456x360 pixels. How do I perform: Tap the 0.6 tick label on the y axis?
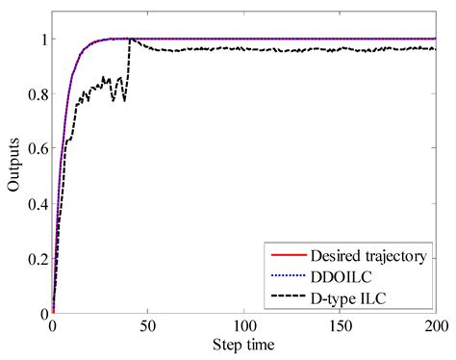[x=35, y=176]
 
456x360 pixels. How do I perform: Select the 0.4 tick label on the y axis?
[x=35, y=231]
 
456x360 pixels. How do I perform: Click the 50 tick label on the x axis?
[x=148, y=327]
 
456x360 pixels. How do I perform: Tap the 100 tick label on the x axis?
[x=244, y=327]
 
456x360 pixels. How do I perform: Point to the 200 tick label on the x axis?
[x=435, y=327]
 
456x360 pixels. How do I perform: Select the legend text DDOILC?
[x=338, y=275]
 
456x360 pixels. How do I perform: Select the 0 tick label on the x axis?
[x=53, y=327]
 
